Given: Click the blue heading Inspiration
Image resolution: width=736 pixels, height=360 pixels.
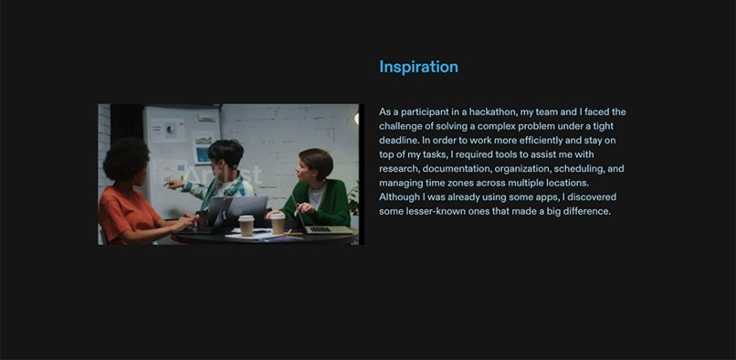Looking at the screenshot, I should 418,67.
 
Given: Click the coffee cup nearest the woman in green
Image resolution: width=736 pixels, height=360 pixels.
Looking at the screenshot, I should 278,223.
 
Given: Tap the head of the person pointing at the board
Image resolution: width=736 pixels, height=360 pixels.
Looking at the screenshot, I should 225,155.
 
